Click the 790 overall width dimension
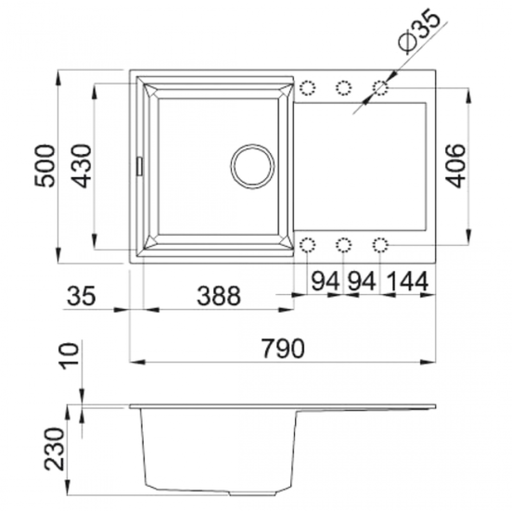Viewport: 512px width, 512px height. [x=283, y=348]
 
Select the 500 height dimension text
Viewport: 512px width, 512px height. [x=45, y=166]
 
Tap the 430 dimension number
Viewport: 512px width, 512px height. [x=81, y=166]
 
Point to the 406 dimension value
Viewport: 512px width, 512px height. [x=455, y=166]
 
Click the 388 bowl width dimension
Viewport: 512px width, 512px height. [x=219, y=296]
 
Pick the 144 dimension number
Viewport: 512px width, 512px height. [x=407, y=281]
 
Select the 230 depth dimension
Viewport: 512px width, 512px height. [x=55, y=449]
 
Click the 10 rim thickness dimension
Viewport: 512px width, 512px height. [x=69, y=356]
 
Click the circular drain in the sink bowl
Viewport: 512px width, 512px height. [x=252, y=166]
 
